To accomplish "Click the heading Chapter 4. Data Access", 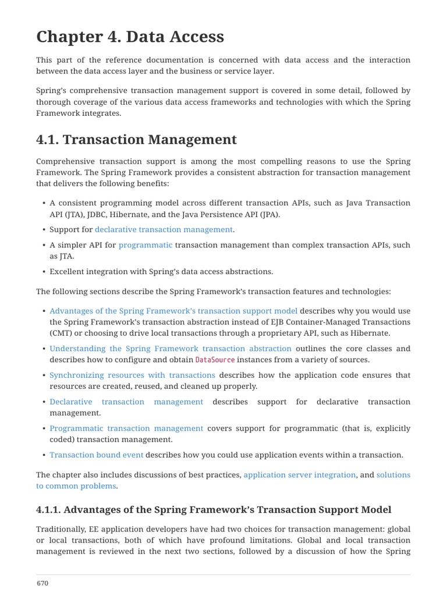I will pyautogui.click(x=130, y=37).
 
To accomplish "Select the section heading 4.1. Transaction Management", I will pyautogui.click(x=136, y=140).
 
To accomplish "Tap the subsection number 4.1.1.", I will pyautogui.click(x=48, y=510).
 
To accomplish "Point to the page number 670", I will pyautogui.click(x=42, y=583).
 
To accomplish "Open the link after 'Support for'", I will pyautogui.click(x=164, y=230).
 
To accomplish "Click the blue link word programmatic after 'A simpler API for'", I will pyautogui.click(x=146, y=245).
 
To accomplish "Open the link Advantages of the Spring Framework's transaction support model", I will pyautogui.click(x=173, y=311).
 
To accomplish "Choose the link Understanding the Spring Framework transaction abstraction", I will pyautogui.click(x=171, y=349).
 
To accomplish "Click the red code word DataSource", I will pyautogui.click(x=215, y=360).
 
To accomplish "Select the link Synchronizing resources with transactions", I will pyautogui.click(x=132, y=375).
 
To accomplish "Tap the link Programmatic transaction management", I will pyautogui.click(x=126, y=428).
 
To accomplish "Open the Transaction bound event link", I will pyautogui.click(x=96, y=455).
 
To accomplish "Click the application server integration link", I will pyautogui.click(x=299, y=475).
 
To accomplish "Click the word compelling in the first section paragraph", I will pyautogui.click(x=288, y=161).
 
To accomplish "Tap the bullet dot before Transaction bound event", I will pyautogui.click(x=44, y=455).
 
